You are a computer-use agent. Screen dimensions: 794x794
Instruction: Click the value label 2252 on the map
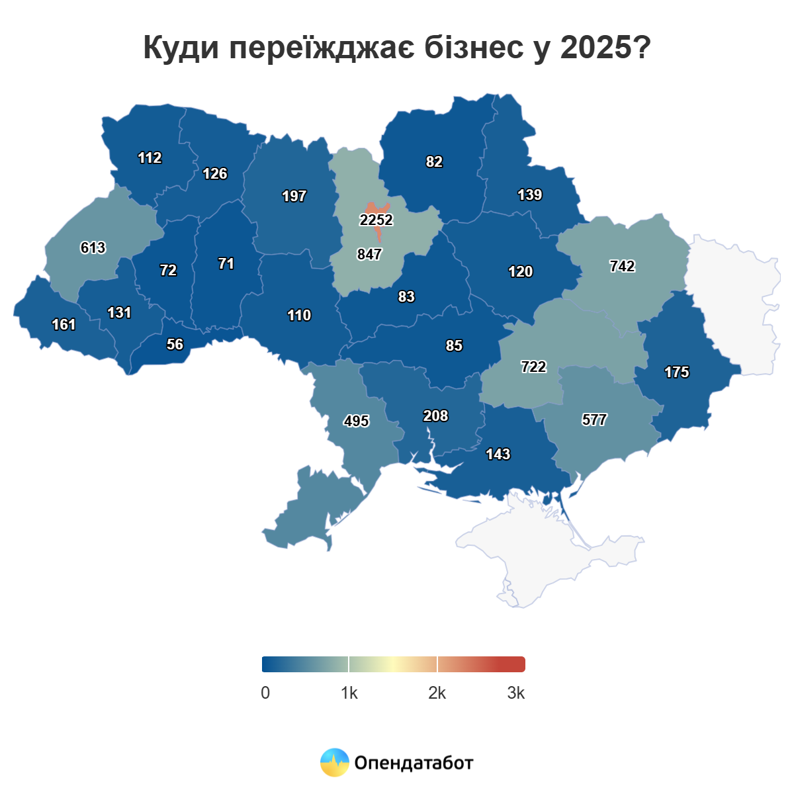coord(376,220)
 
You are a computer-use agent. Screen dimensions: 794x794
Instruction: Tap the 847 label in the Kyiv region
coord(369,254)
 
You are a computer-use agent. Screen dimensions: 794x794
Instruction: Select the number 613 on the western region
coord(93,247)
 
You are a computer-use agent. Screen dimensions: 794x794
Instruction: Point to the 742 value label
coord(622,266)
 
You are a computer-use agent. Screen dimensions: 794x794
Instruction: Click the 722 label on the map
coord(533,367)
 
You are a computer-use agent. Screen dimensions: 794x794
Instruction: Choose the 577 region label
coord(594,419)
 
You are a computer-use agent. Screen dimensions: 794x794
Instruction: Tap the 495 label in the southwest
coord(356,421)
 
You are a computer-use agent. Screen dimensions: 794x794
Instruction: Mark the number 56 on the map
coord(175,344)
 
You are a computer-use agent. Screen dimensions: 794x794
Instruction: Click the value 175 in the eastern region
coord(676,372)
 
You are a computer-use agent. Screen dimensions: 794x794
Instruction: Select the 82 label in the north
coord(434,161)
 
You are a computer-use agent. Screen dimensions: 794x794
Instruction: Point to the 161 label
coord(64,324)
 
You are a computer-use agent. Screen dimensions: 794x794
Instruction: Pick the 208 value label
coord(435,416)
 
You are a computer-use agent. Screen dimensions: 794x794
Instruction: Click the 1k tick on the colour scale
coord(349,693)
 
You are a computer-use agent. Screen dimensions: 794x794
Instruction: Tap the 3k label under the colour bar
coord(516,693)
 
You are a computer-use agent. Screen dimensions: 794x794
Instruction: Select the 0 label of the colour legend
coord(265,693)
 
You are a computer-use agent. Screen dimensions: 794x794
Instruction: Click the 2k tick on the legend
coord(437,693)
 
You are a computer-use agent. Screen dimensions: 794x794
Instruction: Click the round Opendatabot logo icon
coord(334,763)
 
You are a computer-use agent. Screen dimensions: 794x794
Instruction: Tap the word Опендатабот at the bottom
coord(414,763)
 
